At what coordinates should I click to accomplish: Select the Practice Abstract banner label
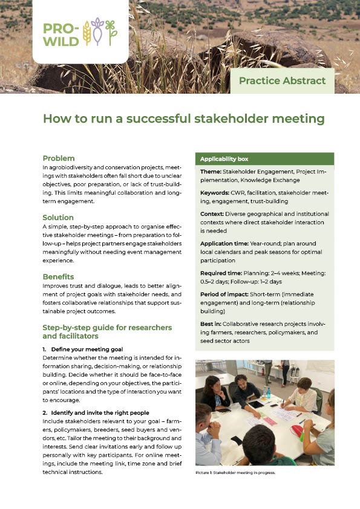[282, 80]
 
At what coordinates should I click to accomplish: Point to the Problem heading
[59, 158]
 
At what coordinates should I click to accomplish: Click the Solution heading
[58, 217]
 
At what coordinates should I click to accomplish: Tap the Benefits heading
[59, 276]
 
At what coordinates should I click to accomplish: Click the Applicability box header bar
[266, 159]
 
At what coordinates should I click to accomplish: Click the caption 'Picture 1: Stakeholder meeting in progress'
[235, 473]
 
